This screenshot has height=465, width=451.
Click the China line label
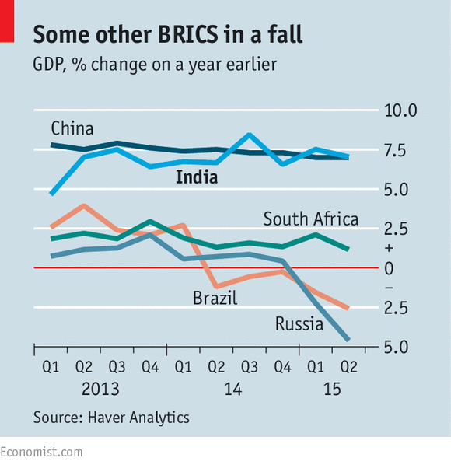point(72,128)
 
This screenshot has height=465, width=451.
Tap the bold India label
point(196,178)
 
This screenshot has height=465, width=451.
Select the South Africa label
point(311,219)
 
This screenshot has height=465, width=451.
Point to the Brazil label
point(215,298)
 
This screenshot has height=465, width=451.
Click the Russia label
point(299,323)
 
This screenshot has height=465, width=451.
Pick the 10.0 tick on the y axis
point(402,110)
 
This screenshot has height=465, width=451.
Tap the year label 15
point(332,387)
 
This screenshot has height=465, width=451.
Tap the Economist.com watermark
point(41,452)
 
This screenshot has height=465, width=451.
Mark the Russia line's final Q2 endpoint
point(347,339)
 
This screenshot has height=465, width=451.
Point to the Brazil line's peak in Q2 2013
point(83,206)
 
